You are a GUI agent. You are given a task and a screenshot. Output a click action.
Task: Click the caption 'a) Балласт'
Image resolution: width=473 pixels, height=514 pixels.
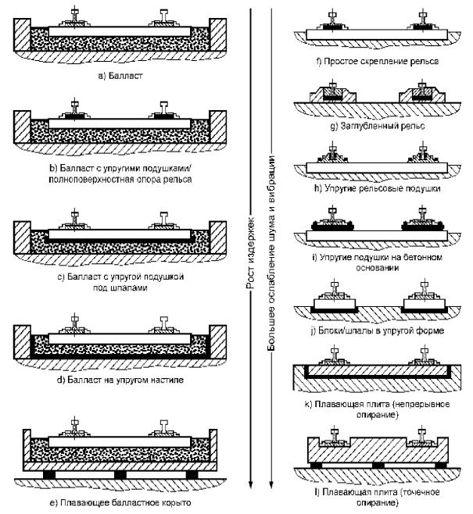point(120,76)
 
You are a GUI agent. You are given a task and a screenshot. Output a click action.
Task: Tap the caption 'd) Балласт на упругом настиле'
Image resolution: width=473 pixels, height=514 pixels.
point(120,380)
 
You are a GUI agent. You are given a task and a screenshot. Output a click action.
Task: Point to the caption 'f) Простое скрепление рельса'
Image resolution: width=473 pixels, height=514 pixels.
point(377,61)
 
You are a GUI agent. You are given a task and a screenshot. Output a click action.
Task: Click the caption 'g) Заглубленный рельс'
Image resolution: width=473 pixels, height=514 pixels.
point(377,126)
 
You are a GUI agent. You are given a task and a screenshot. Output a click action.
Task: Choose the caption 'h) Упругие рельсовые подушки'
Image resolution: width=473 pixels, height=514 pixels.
point(377,188)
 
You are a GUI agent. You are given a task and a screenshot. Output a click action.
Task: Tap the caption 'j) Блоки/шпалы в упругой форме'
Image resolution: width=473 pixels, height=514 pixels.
point(377,330)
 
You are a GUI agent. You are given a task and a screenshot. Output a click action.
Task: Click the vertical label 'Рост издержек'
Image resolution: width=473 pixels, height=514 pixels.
point(251,253)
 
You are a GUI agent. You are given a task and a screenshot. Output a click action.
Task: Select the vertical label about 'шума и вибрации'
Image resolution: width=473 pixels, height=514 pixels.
point(271,253)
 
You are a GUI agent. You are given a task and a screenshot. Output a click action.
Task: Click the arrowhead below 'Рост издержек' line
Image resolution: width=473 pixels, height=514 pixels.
point(251,484)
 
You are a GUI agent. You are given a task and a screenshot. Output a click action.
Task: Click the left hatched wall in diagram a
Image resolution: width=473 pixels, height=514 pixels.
point(22,34)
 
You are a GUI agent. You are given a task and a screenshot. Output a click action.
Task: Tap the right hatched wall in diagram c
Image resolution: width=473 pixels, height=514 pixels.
point(218,237)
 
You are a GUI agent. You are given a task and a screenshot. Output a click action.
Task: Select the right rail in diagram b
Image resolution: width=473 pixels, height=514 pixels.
point(164,109)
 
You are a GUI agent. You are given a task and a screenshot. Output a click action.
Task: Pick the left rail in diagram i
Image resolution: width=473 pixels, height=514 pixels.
point(332,216)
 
